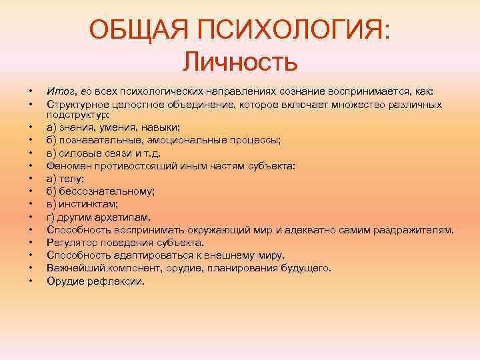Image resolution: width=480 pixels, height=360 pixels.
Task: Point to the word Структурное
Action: [x=74, y=104]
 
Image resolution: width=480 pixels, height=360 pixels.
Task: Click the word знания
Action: [x=75, y=127]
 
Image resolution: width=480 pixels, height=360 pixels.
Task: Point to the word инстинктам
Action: [x=87, y=204]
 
